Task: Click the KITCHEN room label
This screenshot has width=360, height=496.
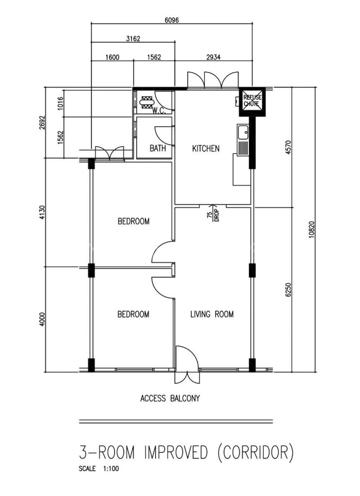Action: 206,148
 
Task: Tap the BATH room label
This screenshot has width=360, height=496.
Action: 158,148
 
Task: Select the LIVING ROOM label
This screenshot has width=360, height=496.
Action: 212,314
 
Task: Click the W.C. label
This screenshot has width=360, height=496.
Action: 159,111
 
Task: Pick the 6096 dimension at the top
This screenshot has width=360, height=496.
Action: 172,20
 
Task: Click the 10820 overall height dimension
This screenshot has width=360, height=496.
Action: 312,230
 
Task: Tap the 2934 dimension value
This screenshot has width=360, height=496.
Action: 214,57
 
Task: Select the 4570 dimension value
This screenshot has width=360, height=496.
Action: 288,147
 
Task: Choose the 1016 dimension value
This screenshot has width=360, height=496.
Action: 60,103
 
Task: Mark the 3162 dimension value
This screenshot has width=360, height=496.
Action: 133,39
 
